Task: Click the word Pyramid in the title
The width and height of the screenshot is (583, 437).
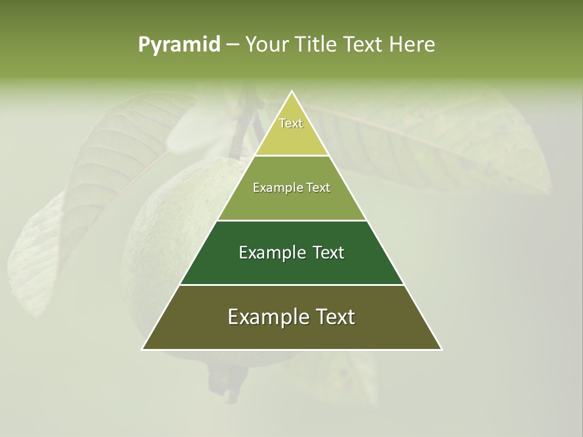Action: (179, 44)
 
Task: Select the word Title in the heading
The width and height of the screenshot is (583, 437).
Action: (315, 44)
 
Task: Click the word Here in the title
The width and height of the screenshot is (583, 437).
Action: (412, 44)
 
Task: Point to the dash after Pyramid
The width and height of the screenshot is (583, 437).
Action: (232, 45)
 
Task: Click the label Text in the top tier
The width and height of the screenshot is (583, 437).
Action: (291, 123)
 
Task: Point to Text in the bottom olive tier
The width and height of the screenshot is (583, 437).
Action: (334, 317)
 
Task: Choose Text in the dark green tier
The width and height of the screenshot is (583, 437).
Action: (329, 252)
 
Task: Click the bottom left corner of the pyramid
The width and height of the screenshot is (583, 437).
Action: (143, 349)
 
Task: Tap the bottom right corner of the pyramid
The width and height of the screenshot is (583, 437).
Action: (442, 349)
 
